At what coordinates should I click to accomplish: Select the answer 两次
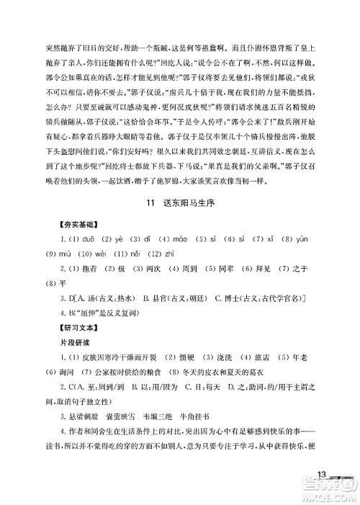click(x=161, y=269)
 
